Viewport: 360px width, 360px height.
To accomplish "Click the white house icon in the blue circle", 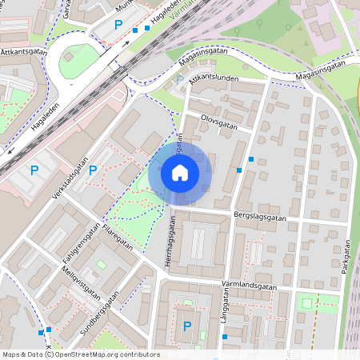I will click(x=180, y=173).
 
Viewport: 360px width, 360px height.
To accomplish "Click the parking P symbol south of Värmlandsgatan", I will click(x=187, y=326).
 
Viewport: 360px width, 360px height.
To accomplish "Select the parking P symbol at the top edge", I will click(x=119, y=26).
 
